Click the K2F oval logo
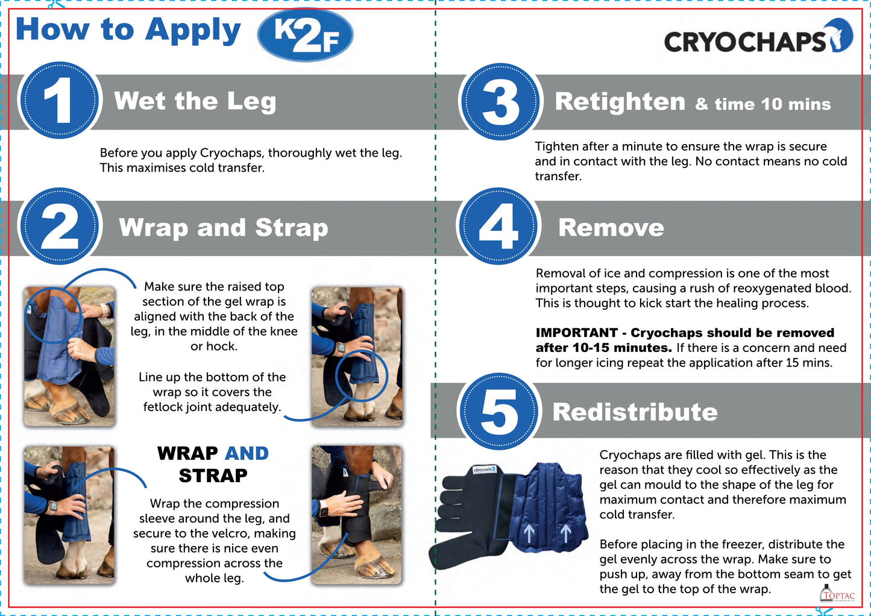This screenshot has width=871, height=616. tap(305, 34)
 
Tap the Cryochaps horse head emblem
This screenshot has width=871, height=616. tap(841, 35)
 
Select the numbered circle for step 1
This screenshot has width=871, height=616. tap(59, 100)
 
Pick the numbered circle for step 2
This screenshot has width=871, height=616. tap(59, 227)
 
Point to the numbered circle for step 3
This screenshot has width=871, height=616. tap(500, 101)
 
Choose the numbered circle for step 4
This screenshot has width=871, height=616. tap(498, 227)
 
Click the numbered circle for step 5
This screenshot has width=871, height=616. tap(499, 412)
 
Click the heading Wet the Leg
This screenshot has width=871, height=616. tap(195, 101)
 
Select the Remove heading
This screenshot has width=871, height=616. tap(611, 227)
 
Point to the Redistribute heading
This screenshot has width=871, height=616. tap(635, 412)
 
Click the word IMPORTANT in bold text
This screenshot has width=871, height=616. tap(577, 333)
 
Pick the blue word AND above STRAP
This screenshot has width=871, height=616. tap(247, 453)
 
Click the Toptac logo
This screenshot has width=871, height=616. tap(837, 594)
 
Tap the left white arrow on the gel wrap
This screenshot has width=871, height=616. tap(529, 533)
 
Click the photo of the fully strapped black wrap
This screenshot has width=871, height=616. tap(357, 515)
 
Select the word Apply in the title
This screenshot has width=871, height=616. tap(193, 32)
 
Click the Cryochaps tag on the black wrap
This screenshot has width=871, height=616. tap(485, 470)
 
